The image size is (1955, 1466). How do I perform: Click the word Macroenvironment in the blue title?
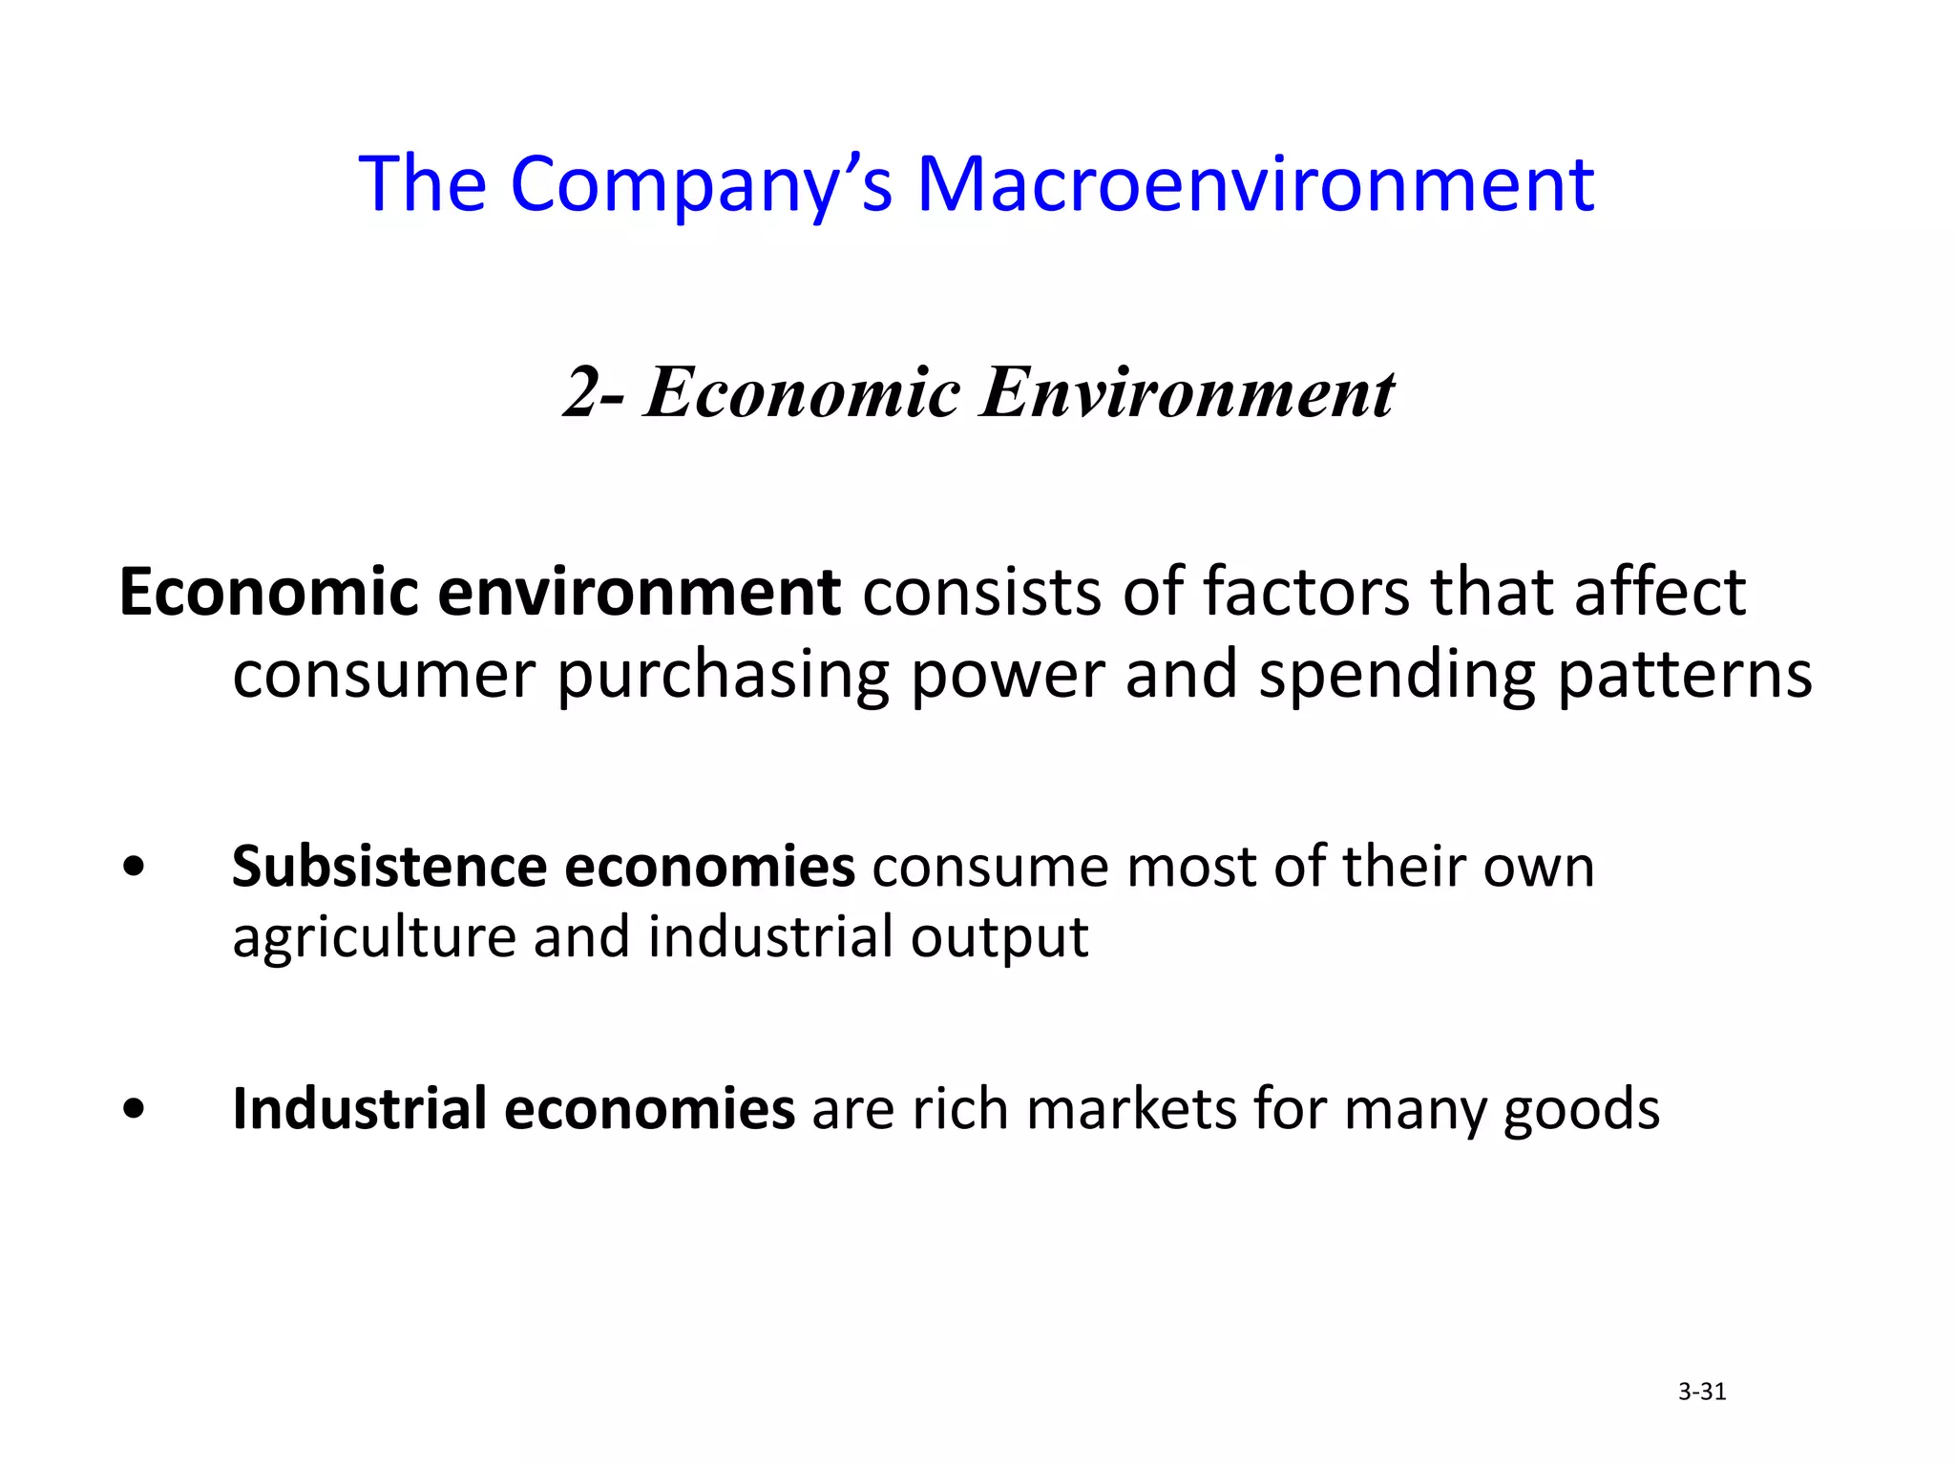point(1254,183)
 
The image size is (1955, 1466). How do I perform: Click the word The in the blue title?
point(422,183)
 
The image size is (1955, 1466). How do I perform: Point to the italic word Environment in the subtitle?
point(1188,392)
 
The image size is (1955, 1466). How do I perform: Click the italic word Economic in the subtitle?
point(802,392)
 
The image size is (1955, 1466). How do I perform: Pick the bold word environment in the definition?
point(639,593)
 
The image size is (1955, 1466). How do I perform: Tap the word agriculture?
point(374,938)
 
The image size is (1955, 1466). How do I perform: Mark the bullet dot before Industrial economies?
point(135,1109)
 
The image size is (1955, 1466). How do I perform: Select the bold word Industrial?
point(359,1109)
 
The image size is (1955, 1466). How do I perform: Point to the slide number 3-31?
point(1702,1392)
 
